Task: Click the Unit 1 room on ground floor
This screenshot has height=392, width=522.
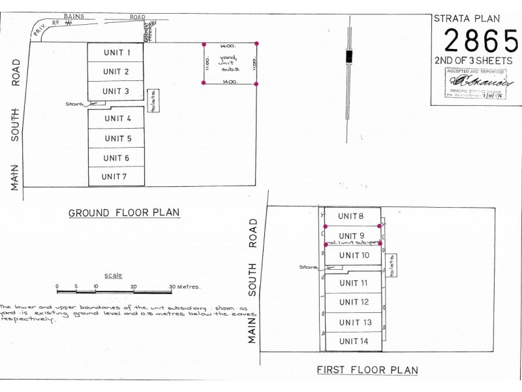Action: pyautogui.click(x=116, y=52)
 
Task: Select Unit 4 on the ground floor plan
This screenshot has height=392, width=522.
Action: pyautogui.click(x=116, y=118)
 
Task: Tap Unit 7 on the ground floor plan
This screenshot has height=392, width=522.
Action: pyautogui.click(x=116, y=177)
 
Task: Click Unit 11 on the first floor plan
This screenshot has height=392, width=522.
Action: pyautogui.click(x=352, y=283)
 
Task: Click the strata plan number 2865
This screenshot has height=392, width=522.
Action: pyautogui.click(x=480, y=41)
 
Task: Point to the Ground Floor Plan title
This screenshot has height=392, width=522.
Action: pyautogui.click(x=124, y=212)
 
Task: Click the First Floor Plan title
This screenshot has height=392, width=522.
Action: pyautogui.click(x=367, y=370)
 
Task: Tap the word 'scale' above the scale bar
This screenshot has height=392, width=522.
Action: pyautogui.click(x=113, y=276)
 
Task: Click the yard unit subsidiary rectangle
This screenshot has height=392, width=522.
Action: pyautogui.click(x=230, y=63)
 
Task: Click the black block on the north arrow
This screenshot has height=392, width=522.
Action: pyautogui.click(x=349, y=56)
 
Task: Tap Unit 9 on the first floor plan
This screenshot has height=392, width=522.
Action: pyautogui.click(x=352, y=236)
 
